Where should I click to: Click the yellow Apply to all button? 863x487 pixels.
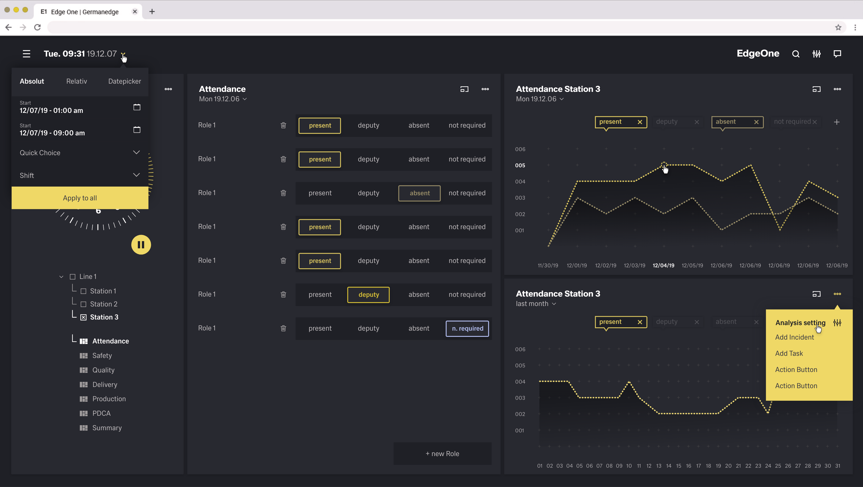click(x=80, y=198)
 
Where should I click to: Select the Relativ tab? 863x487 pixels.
click(x=76, y=81)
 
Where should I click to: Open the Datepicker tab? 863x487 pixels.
click(x=124, y=81)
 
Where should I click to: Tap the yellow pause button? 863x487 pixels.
click(x=141, y=245)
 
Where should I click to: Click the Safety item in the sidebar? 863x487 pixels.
click(x=102, y=356)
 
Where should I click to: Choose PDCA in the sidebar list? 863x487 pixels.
click(x=101, y=413)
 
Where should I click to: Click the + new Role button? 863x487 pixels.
click(x=442, y=454)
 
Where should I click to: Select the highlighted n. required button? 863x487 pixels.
click(x=467, y=328)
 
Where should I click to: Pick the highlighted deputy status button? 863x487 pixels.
click(x=368, y=295)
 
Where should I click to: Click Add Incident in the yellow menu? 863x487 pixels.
click(x=794, y=337)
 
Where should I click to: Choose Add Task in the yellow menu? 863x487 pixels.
click(x=789, y=353)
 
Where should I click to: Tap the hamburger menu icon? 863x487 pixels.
click(x=26, y=54)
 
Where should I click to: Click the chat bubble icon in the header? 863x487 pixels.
click(x=837, y=54)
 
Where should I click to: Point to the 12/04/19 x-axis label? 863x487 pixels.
click(x=663, y=265)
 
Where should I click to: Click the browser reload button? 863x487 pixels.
click(x=37, y=28)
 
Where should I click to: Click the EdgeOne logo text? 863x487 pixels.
click(x=758, y=54)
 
